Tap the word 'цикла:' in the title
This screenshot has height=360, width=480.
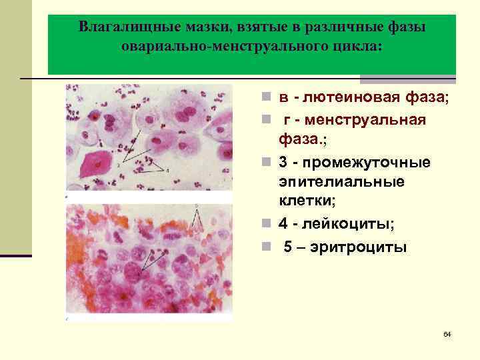(x=356, y=47)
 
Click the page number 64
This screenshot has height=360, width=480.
(x=447, y=333)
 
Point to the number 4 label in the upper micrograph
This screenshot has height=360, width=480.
(x=168, y=171)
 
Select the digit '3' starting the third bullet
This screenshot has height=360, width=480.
(x=283, y=163)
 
